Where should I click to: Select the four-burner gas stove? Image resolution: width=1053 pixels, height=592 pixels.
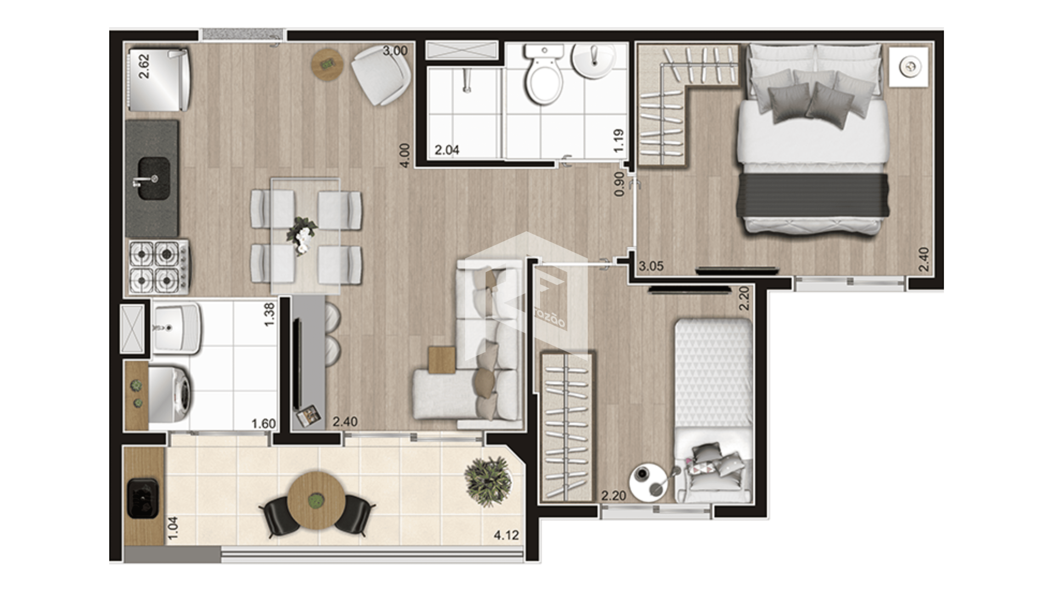pyautogui.click(x=159, y=267)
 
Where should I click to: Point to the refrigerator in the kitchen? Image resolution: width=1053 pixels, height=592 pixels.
pyautogui.click(x=159, y=79)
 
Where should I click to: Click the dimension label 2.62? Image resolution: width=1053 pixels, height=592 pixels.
pyautogui.click(x=144, y=66)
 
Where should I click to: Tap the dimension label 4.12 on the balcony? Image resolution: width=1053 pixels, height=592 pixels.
pyautogui.click(x=506, y=535)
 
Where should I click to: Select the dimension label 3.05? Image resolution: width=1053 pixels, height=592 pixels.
pyautogui.click(x=651, y=266)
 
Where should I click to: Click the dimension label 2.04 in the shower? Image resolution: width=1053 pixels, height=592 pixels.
pyautogui.click(x=447, y=150)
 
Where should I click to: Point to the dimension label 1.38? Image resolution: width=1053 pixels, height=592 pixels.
pyautogui.click(x=269, y=315)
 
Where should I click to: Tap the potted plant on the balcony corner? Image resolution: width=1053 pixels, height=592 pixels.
pyautogui.click(x=488, y=481)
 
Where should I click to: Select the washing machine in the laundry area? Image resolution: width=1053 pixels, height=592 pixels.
pyautogui.click(x=171, y=395)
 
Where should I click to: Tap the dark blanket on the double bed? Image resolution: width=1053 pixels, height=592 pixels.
pyautogui.click(x=814, y=195)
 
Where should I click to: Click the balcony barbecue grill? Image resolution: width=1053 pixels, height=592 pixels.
pyautogui.click(x=143, y=498)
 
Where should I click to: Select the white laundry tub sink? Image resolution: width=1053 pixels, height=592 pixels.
pyautogui.click(x=177, y=328)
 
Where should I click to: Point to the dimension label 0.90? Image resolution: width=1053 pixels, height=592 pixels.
pyautogui.click(x=619, y=184)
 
